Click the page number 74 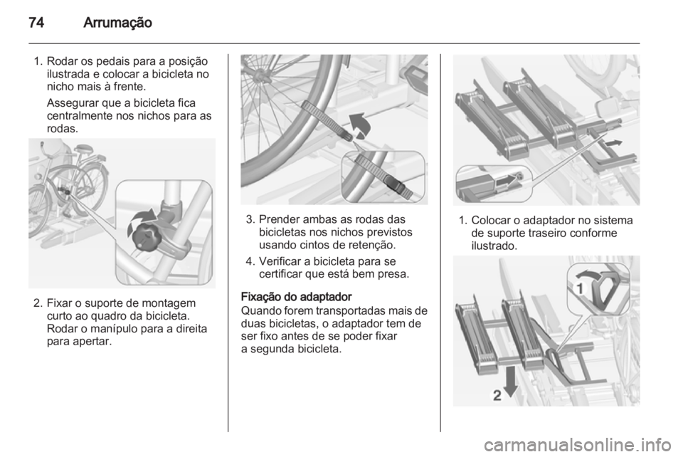click(x=36, y=22)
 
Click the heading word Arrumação click(x=117, y=23)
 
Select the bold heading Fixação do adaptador click(x=296, y=297)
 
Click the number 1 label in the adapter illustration click(x=580, y=288)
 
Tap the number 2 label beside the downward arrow click(x=497, y=395)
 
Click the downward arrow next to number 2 click(x=511, y=381)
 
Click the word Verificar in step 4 click(x=278, y=261)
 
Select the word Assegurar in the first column click(x=73, y=103)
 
